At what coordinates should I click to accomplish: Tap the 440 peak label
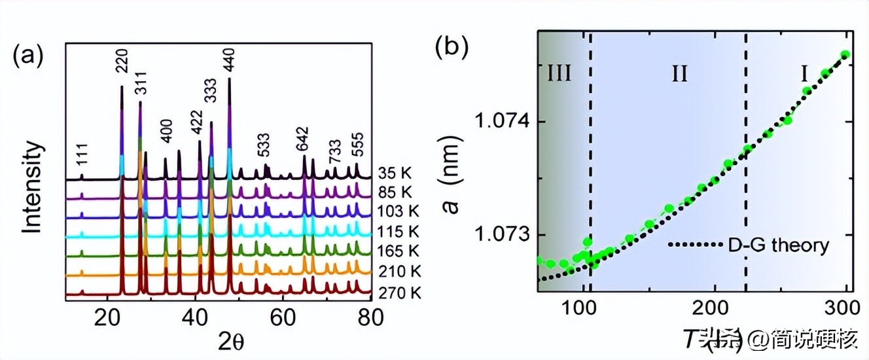click(x=229, y=60)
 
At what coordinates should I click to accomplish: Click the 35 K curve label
click(x=395, y=174)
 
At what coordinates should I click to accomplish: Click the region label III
click(x=558, y=73)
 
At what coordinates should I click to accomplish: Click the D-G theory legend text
click(x=779, y=245)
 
